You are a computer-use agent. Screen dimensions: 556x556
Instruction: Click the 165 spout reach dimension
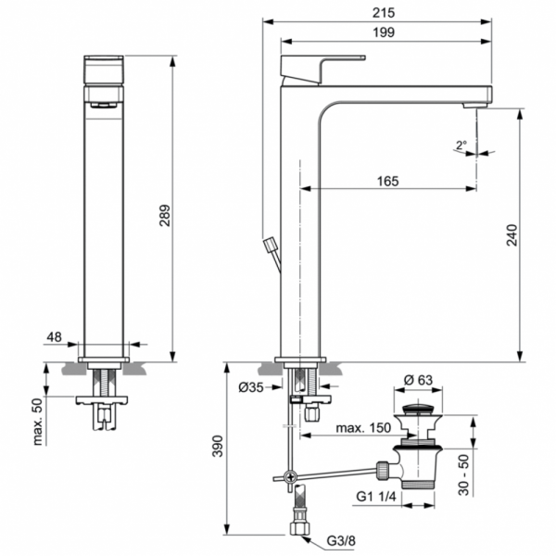[x=387, y=181]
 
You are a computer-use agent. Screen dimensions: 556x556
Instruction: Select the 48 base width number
[x=55, y=338]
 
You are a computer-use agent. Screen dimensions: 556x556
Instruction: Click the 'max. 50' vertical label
[x=38, y=422]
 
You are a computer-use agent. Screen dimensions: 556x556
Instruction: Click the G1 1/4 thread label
[x=375, y=497]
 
